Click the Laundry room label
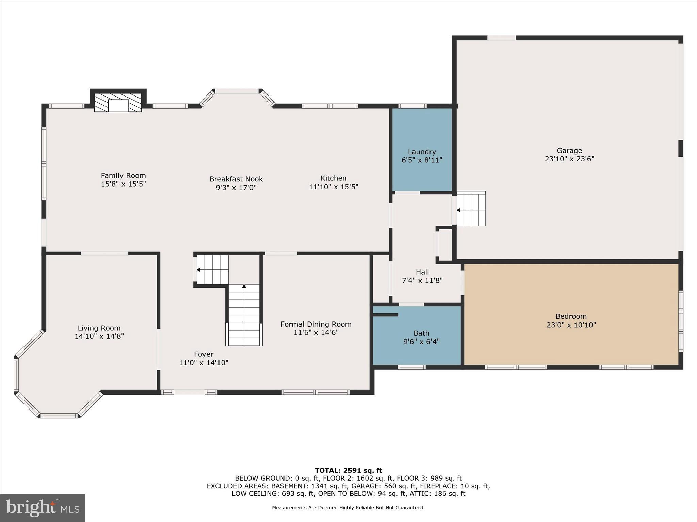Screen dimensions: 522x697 [x=422, y=152]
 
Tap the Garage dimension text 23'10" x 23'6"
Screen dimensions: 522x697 [x=569, y=159]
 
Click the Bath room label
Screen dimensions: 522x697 [x=421, y=333]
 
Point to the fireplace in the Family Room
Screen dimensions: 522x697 [x=118, y=103]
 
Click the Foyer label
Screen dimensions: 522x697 [x=204, y=354]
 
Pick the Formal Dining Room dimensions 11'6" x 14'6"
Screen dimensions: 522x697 [x=316, y=333]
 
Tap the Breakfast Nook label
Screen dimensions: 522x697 [x=236, y=179]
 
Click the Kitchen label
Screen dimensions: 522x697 [x=333, y=178]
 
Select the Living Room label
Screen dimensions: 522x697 [x=99, y=328]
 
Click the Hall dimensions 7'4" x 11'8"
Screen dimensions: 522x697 [x=422, y=281]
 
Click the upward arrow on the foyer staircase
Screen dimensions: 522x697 [x=244, y=286]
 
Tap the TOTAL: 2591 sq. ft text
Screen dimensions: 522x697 [x=348, y=471]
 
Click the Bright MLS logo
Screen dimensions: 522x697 [x=43, y=508]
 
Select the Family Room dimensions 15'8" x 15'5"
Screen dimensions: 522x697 [x=123, y=184]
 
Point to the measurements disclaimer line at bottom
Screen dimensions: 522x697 [x=348, y=508]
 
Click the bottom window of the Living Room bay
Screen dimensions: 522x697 [x=59, y=416]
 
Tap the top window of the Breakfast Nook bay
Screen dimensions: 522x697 [x=237, y=91]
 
